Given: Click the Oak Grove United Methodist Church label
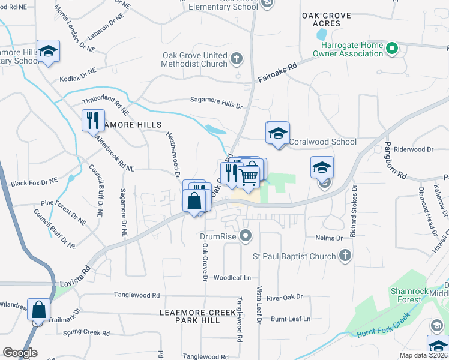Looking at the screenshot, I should coord(195,59).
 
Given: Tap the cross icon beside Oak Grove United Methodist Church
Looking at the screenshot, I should coord(237,58).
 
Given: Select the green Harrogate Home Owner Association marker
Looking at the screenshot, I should coord(392,48).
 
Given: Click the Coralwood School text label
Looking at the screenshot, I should coord(323,142).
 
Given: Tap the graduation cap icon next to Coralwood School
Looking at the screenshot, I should coord(277,133).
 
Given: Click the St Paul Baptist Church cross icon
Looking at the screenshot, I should coord(345,257).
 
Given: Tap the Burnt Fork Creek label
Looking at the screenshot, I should coord(384,324).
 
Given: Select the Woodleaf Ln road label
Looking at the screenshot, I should coord(232,278).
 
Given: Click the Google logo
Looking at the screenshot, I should coord(20,353).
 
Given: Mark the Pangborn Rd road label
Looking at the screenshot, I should coord(395,161).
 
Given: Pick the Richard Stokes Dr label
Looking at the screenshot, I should coord(354,211).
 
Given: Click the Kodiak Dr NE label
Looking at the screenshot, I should coord(78,74).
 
